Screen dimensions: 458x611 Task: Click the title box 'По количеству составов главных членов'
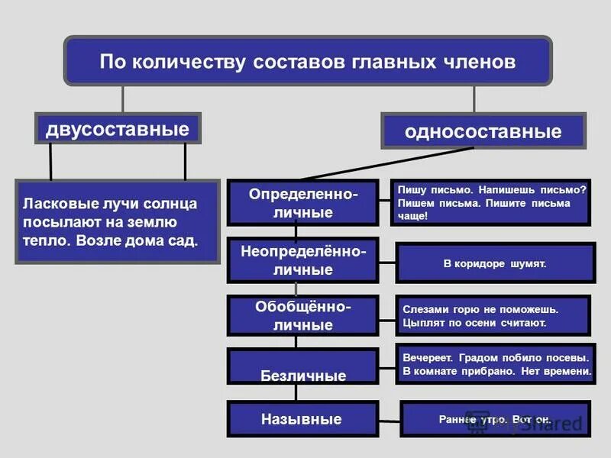[307, 61]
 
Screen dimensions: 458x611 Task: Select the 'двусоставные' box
[117, 128]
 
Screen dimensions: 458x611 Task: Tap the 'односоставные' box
[483, 131]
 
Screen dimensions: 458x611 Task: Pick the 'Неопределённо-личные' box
[302, 260]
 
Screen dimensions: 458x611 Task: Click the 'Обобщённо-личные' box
[302, 316]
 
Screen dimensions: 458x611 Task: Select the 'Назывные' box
[302, 419]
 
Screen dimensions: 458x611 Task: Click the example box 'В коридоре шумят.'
[494, 263]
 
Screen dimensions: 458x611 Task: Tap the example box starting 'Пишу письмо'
[493, 202]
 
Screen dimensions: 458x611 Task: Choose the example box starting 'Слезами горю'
[493, 316]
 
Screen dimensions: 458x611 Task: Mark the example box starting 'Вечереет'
[494, 364]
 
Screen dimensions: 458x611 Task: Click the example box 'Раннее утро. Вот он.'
[494, 419]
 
